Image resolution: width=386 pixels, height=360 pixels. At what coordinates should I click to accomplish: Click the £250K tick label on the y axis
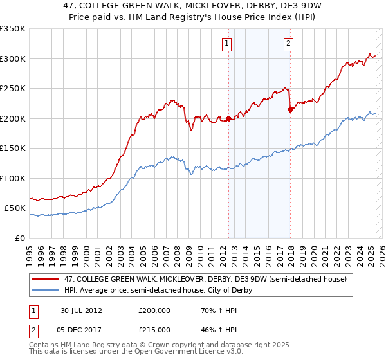[13, 89]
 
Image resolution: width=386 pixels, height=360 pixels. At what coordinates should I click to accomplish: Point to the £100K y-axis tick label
[13, 178]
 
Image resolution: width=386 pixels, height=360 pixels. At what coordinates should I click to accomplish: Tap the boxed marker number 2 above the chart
[288, 44]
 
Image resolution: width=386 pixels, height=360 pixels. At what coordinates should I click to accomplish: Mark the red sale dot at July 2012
[228, 119]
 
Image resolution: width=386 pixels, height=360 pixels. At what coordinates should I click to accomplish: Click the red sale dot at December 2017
[289, 110]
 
